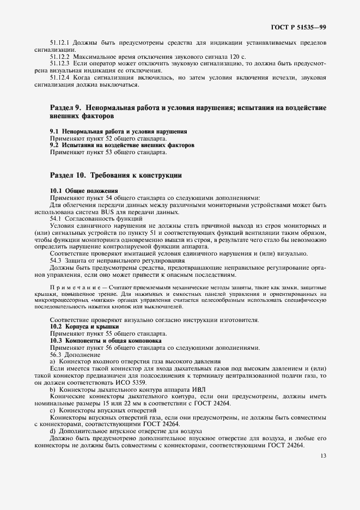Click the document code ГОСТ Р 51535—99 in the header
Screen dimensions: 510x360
pyautogui.click(x=298, y=27)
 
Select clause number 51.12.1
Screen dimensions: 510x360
pyautogui.click(x=59, y=43)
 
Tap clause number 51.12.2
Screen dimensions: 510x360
pyautogui.click(x=59, y=57)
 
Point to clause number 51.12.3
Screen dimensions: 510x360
pyautogui.click(x=59, y=64)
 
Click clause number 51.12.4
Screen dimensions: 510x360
pyautogui.click(x=59, y=77)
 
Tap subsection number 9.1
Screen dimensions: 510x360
pyautogui.click(x=54, y=132)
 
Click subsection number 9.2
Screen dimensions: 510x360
pyautogui.click(x=54, y=145)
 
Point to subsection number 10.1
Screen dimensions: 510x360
pyautogui.click(x=56, y=191)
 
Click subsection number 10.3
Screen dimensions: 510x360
pyautogui.click(x=56, y=340)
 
